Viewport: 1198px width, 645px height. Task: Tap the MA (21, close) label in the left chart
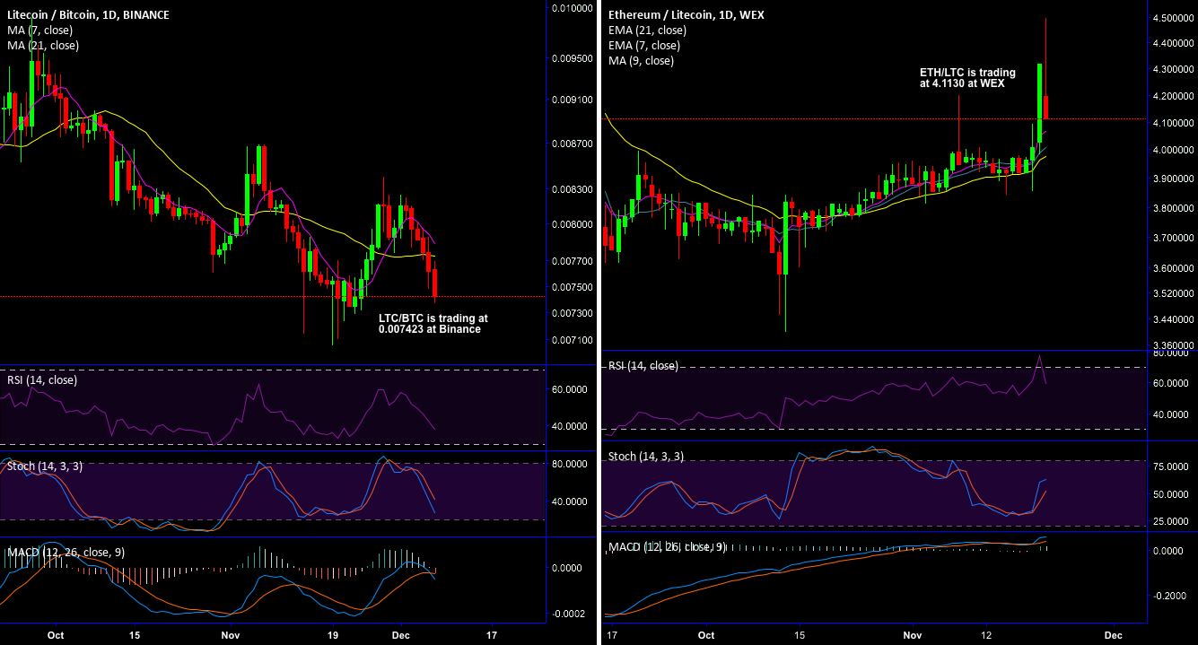pyautogui.click(x=42, y=46)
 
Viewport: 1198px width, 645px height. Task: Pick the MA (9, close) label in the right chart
pyautogui.click(x=641, y=61)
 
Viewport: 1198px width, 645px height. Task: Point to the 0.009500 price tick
pyautogui.click(x=572, y=58)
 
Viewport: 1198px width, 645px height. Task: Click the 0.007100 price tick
pyautogui.click(x=572, y=340)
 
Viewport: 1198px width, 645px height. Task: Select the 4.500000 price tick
pyautogui.click(x=1173, y=18)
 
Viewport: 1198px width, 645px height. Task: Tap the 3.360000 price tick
pyautogui.click(x=1173, y=345)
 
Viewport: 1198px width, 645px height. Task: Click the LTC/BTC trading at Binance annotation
pyautogui.click(x=433, y=324)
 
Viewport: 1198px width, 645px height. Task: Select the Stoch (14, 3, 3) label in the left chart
pyautogui.click(x=45, y=466)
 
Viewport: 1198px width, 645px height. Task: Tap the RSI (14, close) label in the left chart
pyautogui.click(x=42, y=380)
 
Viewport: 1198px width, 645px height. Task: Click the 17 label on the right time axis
pyautogui.click(x=612, y=634)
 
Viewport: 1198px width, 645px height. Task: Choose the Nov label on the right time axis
pyautogui.click(x=913, y=634)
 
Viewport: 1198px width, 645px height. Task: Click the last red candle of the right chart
pyautogui.click(x=1046, y=107)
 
